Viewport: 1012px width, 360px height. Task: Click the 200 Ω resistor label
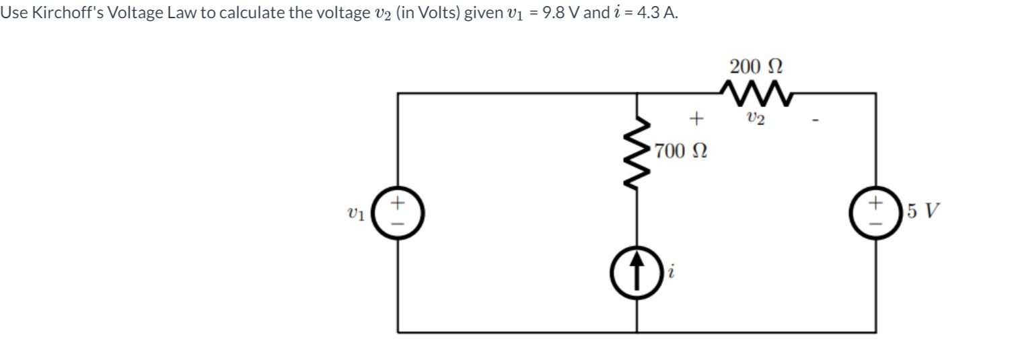pyautogui.click(x=756, y=67)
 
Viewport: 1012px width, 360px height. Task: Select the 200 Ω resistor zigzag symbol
pyautogui.click(x=756, y=92)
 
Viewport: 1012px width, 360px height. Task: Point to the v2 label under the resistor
pyautogui.click(x=756, y=118)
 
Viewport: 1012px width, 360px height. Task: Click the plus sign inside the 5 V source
pyautogui.click(x=875, y=201)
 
